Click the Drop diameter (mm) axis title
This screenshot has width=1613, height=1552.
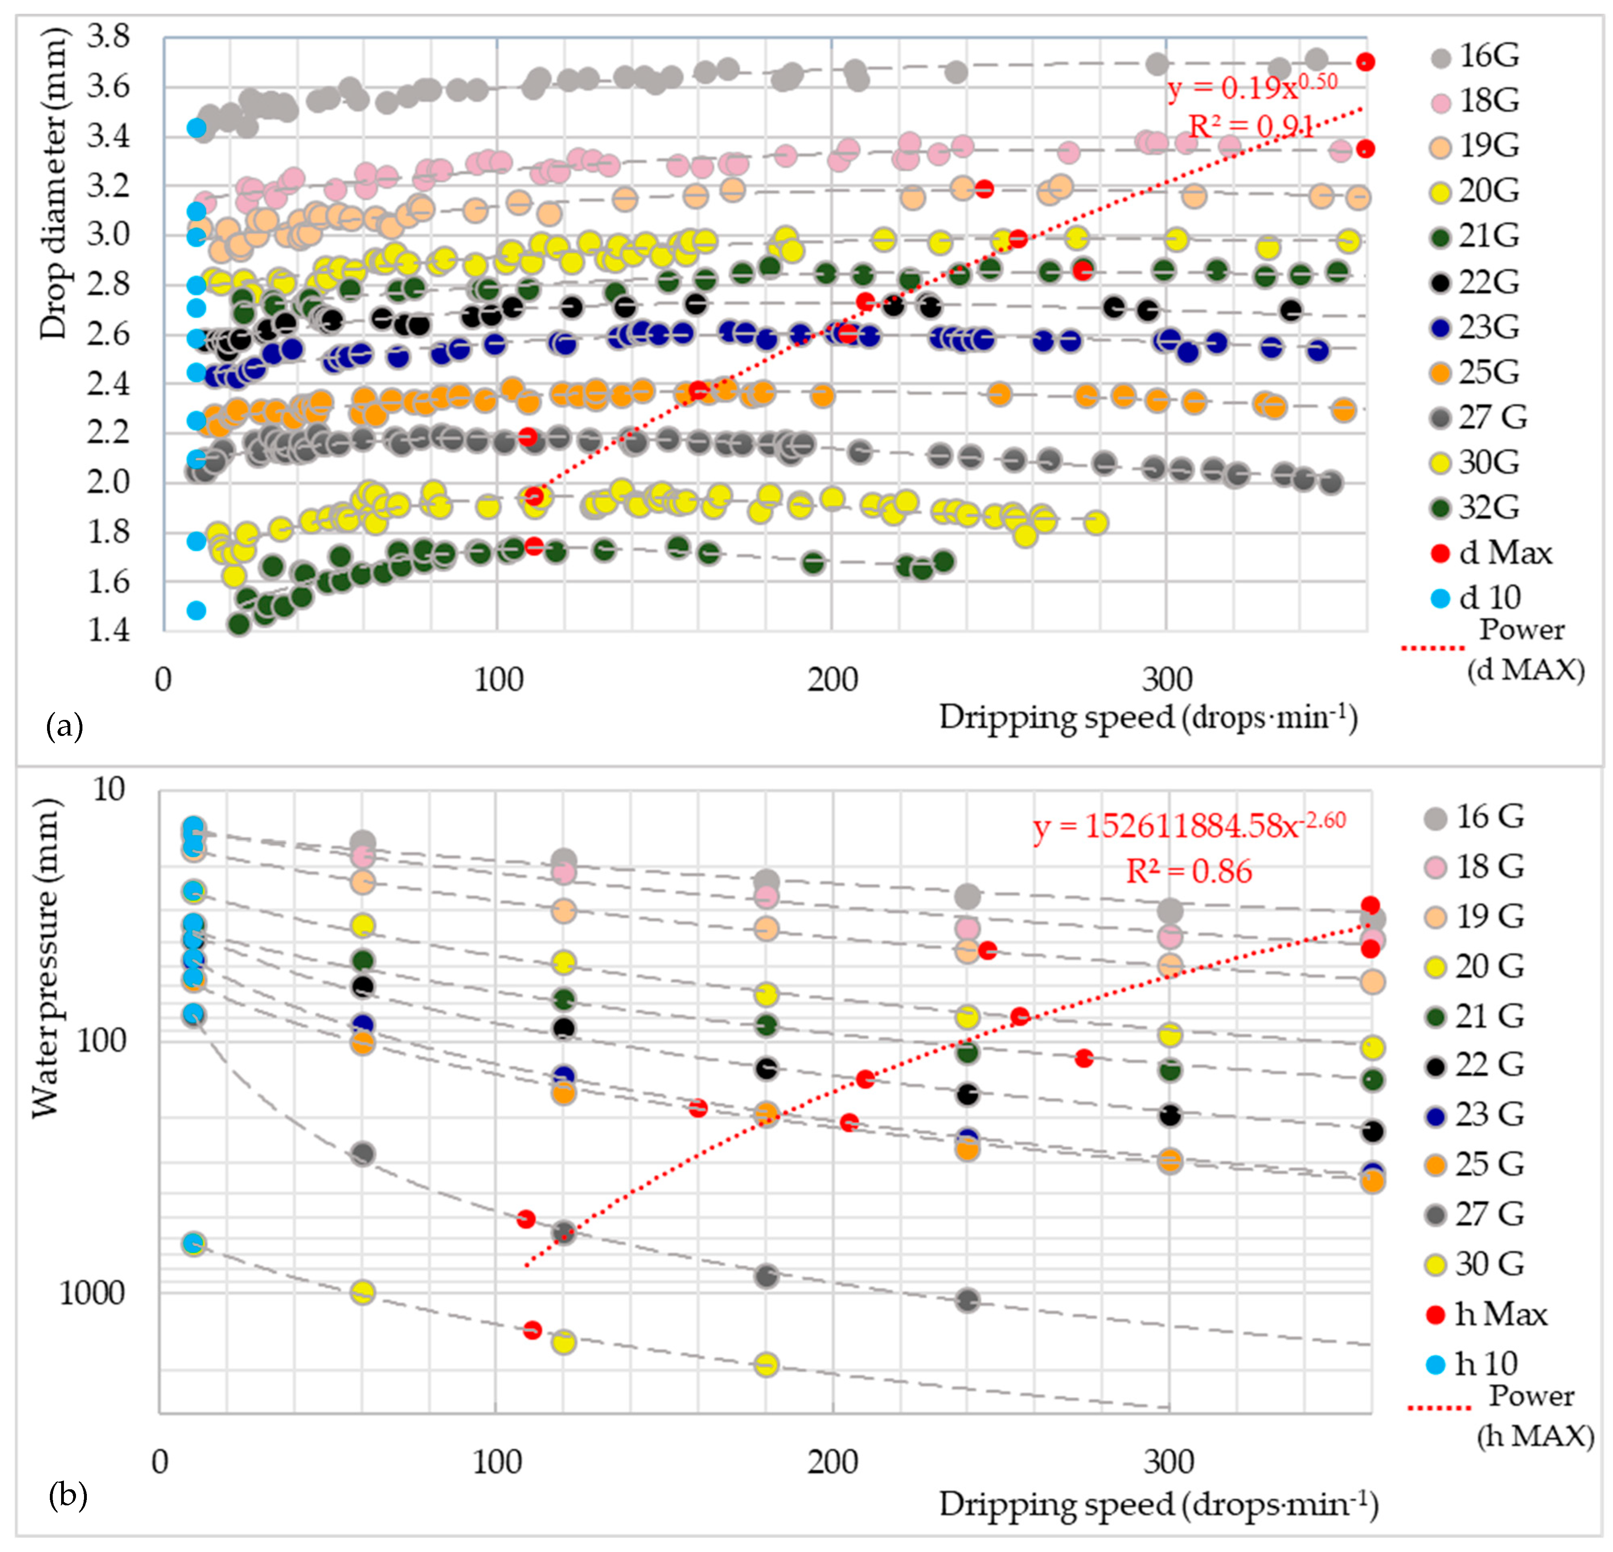point(53,185)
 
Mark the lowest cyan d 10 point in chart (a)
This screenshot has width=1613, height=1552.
point(196,610)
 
